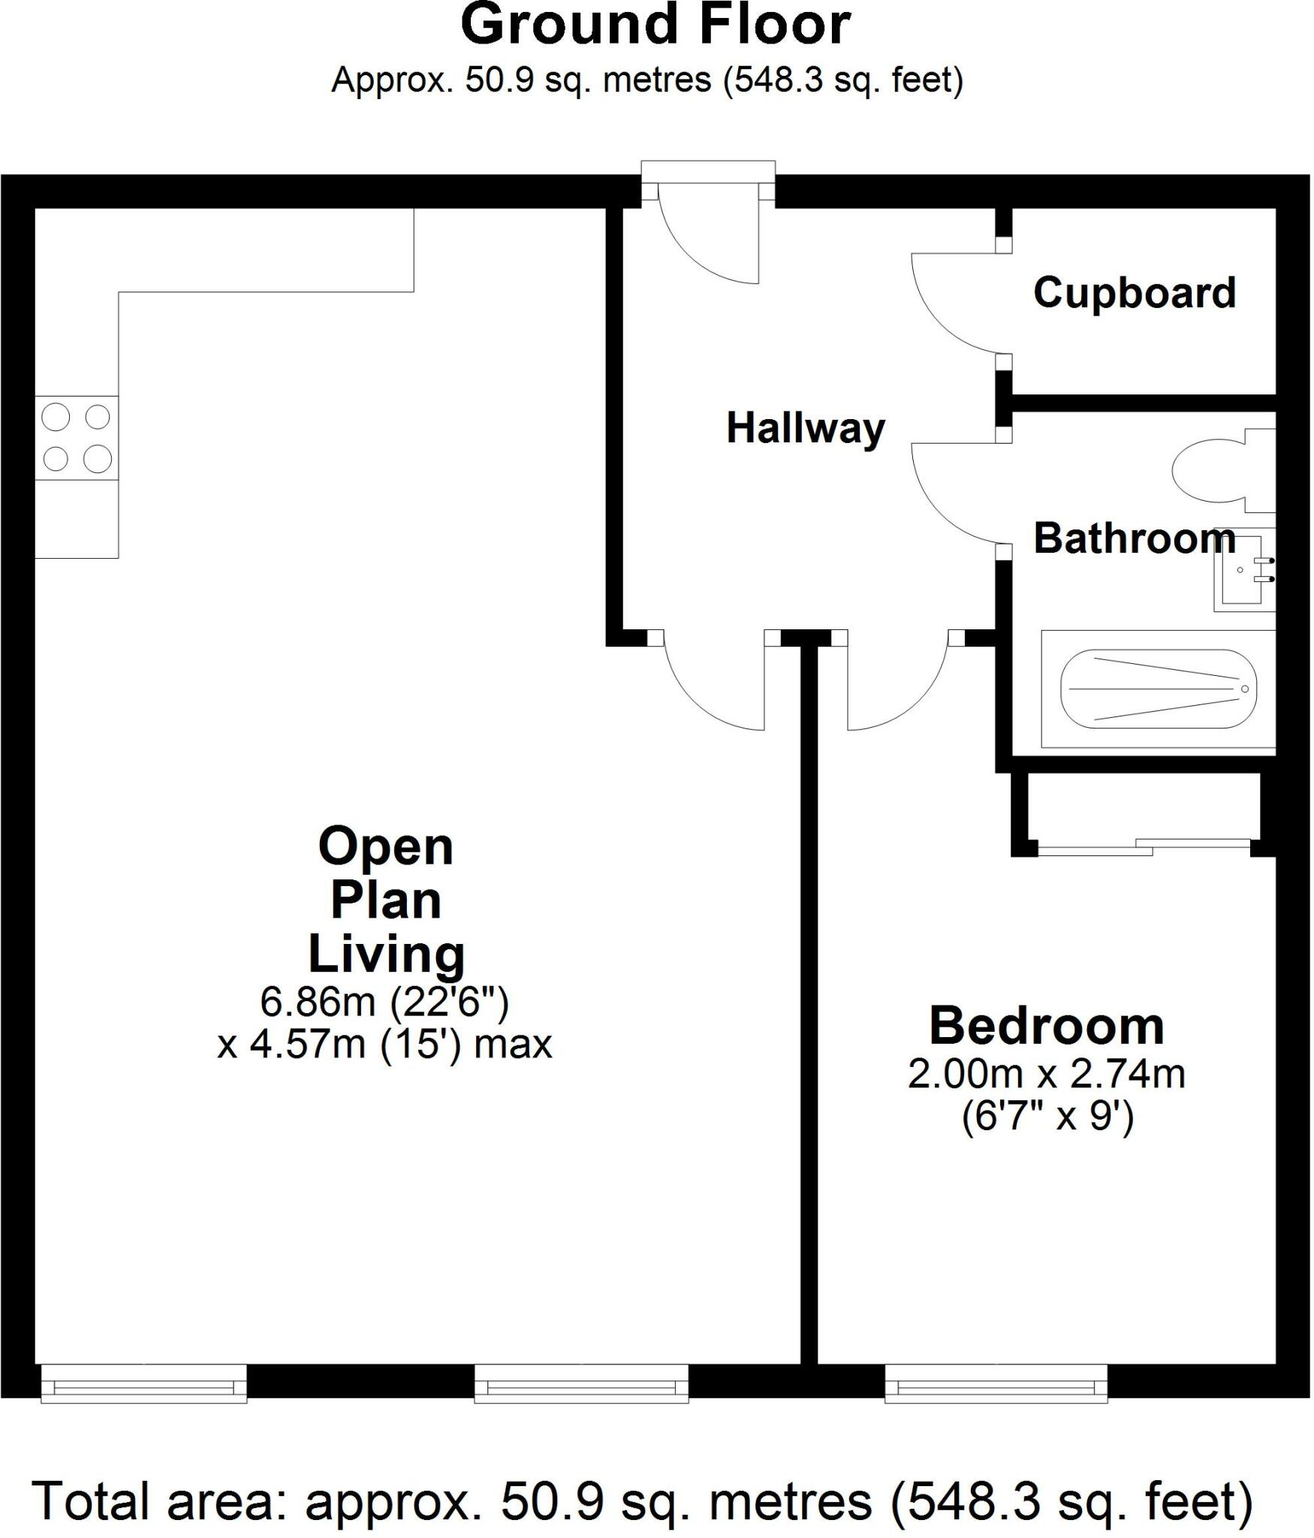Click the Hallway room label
coord(806,429)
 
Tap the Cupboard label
coord(1134,293)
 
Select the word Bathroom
coord(1134,539)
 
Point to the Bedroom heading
coord(1047,1026)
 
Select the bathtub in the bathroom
coord(1159,689)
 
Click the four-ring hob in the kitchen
coord(77,437)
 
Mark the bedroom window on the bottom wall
coord(996,1383)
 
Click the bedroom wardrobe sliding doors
coord(1144,846)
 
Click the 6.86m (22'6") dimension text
coord(384,1001)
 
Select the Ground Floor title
coord(655,25)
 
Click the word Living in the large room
coord(387,954)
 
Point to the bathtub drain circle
coord(1244,689)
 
